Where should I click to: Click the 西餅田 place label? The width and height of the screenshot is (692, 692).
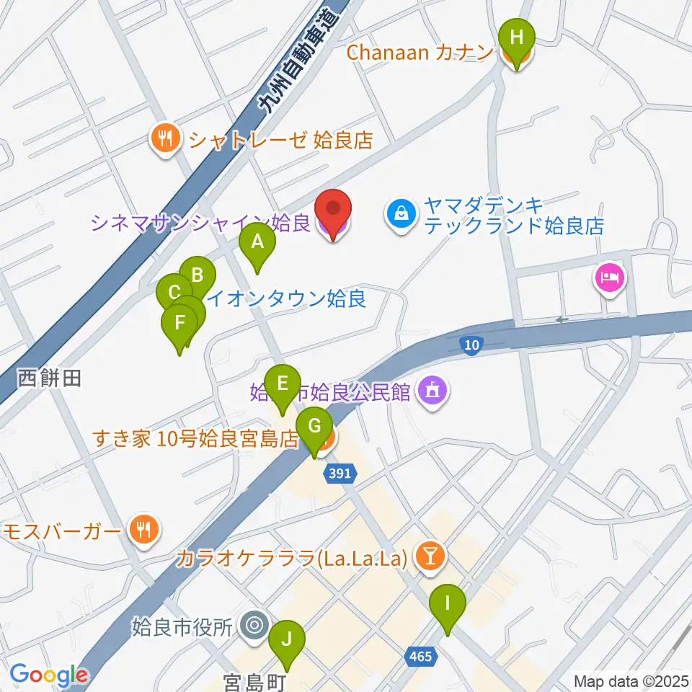(49, 378)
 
